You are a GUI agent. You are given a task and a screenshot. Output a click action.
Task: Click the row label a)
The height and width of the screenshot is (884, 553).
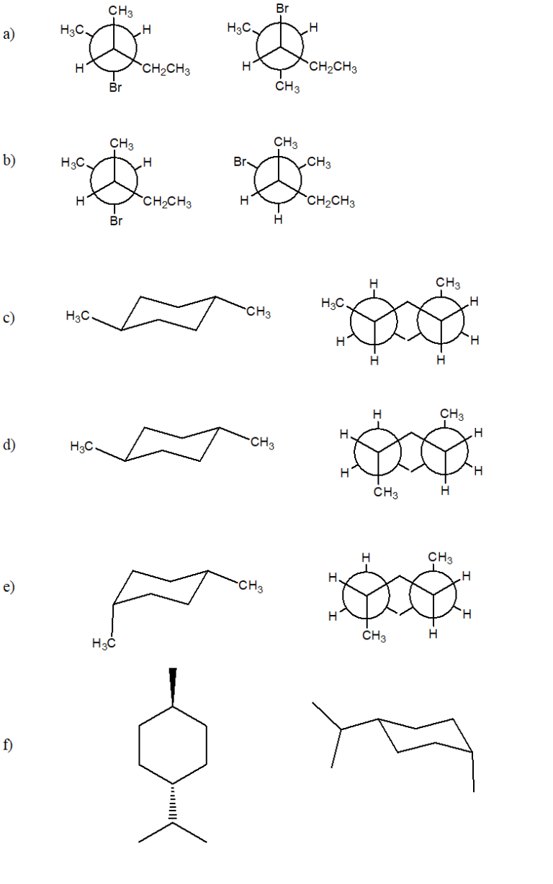click(x=9, y=34)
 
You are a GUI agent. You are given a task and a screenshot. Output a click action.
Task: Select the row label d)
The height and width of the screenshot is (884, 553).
click(x=9, y=445)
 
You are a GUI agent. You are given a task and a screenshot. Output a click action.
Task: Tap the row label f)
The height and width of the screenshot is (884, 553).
click(x=8, y=744)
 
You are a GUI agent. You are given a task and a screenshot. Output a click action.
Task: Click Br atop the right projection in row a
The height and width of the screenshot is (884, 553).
click(x=282, y=9)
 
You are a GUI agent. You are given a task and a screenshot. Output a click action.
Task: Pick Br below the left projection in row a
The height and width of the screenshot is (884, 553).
click(x=115, y=87)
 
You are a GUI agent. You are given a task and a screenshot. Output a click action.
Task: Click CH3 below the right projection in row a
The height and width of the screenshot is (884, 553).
click(x=287, y=86)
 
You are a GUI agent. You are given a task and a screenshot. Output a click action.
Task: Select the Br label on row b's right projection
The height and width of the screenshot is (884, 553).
click(x=240, y=162)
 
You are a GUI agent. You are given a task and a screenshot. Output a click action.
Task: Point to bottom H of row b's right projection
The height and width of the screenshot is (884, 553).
click(x=278, y=219)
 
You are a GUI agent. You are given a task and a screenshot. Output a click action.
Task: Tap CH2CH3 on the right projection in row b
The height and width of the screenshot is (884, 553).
click(x=331, y=201)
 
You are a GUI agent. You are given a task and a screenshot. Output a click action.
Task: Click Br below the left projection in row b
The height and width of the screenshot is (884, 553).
click(x=116, y=221)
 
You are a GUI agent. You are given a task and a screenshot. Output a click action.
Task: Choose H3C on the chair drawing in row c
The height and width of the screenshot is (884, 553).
click(x=78, y=316)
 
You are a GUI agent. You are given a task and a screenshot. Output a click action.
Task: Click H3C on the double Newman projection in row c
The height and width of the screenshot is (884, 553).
click(x=333, y=303)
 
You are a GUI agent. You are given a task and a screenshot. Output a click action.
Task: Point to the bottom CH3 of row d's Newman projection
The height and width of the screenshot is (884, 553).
click(x=385, y=492)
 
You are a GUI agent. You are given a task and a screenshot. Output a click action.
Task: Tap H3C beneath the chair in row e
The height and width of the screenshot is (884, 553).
click(x=104, y=644)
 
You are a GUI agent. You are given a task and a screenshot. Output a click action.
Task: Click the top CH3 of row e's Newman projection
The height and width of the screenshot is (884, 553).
click(x=440, y=557)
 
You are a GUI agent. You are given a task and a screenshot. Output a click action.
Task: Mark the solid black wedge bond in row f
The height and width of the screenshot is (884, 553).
click(x=173, y=687)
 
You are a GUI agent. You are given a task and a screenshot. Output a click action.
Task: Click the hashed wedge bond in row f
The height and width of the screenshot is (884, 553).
click(x=173, y=804)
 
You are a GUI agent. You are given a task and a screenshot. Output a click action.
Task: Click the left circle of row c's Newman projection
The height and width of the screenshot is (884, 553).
click(x=351, y=322)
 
